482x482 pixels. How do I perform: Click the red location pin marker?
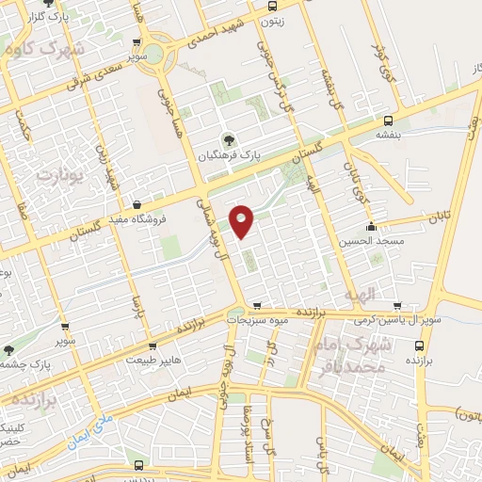tap(243, 220)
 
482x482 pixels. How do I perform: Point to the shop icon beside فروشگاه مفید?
tap(137, 203)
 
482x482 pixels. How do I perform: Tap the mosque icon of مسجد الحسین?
tap(372, 226)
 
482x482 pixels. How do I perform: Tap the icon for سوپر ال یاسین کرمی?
tap(400, 307)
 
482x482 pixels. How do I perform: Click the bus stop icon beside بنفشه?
tap(389, 120)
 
